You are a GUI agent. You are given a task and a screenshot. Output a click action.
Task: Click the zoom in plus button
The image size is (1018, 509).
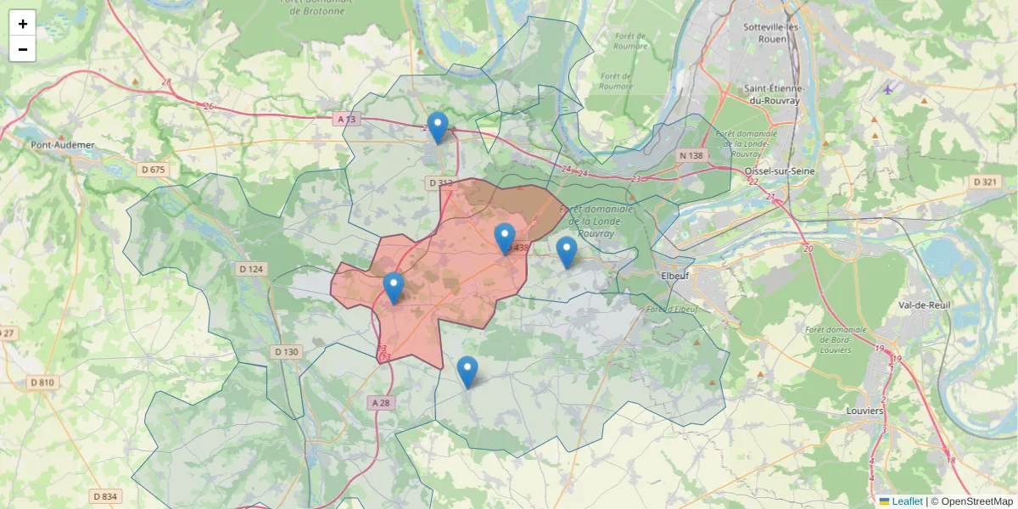[23, 24]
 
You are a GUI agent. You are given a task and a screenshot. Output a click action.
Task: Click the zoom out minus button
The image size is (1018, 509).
[23, 49]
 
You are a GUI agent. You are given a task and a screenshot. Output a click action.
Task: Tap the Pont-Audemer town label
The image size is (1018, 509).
[63, 145]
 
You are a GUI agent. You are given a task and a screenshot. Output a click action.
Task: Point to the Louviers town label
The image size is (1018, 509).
[864, 411]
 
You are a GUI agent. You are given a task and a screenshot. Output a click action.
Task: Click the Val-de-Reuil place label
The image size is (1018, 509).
[927, 305]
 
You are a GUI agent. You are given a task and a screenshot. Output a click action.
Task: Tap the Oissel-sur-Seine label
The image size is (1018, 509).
[779, 171]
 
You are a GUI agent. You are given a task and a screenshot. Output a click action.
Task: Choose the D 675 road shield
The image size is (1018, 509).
[154, 170]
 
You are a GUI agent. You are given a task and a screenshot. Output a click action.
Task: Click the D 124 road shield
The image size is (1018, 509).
[251, 269]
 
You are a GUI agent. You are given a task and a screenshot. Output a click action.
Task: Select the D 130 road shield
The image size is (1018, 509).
[287, 352]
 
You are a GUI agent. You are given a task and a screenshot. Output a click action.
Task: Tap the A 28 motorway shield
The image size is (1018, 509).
[381, 402]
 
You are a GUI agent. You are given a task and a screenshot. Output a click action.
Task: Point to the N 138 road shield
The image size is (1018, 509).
[691, 156]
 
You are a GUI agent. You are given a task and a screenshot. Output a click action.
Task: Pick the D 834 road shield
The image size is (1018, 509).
[106, 496]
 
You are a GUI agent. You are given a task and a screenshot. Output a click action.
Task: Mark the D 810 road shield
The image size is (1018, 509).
[42, 383]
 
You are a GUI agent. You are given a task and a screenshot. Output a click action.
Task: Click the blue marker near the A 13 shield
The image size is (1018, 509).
[438, 128]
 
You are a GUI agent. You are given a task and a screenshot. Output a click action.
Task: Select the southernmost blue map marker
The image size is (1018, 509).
[467, 372]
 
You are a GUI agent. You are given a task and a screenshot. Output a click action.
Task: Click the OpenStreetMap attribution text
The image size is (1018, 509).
[976, 501]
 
